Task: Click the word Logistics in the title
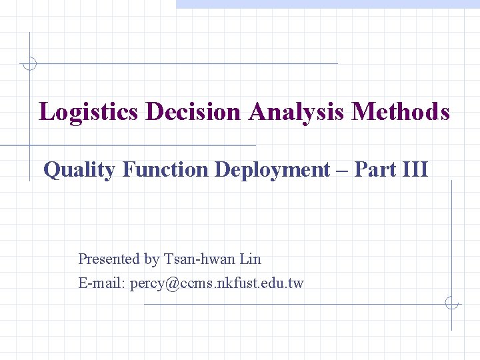click(x=89, y=111)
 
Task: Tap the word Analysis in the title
click(x=296, y=111)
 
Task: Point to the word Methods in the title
click(x=400, y=111)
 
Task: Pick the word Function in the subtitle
click(x=165, y=170)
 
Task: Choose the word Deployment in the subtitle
click(x=272, y=170)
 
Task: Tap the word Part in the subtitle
click(x=375, y=170)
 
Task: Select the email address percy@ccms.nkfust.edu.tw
click(x=217, y=283)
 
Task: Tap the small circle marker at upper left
click(x=29, y=64)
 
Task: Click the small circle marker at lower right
click(x=451, y=304)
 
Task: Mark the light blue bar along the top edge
click(x=327, y=4)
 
